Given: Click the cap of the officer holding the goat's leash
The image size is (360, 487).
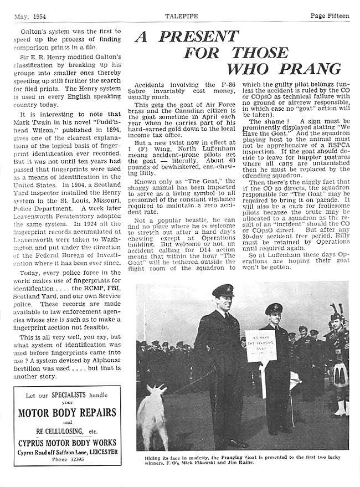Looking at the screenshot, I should click(223, 290).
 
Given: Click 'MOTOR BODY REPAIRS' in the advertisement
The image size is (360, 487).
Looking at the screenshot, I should click(67, 412).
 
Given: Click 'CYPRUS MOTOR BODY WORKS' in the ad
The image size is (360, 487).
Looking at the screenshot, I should click(67, 442).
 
